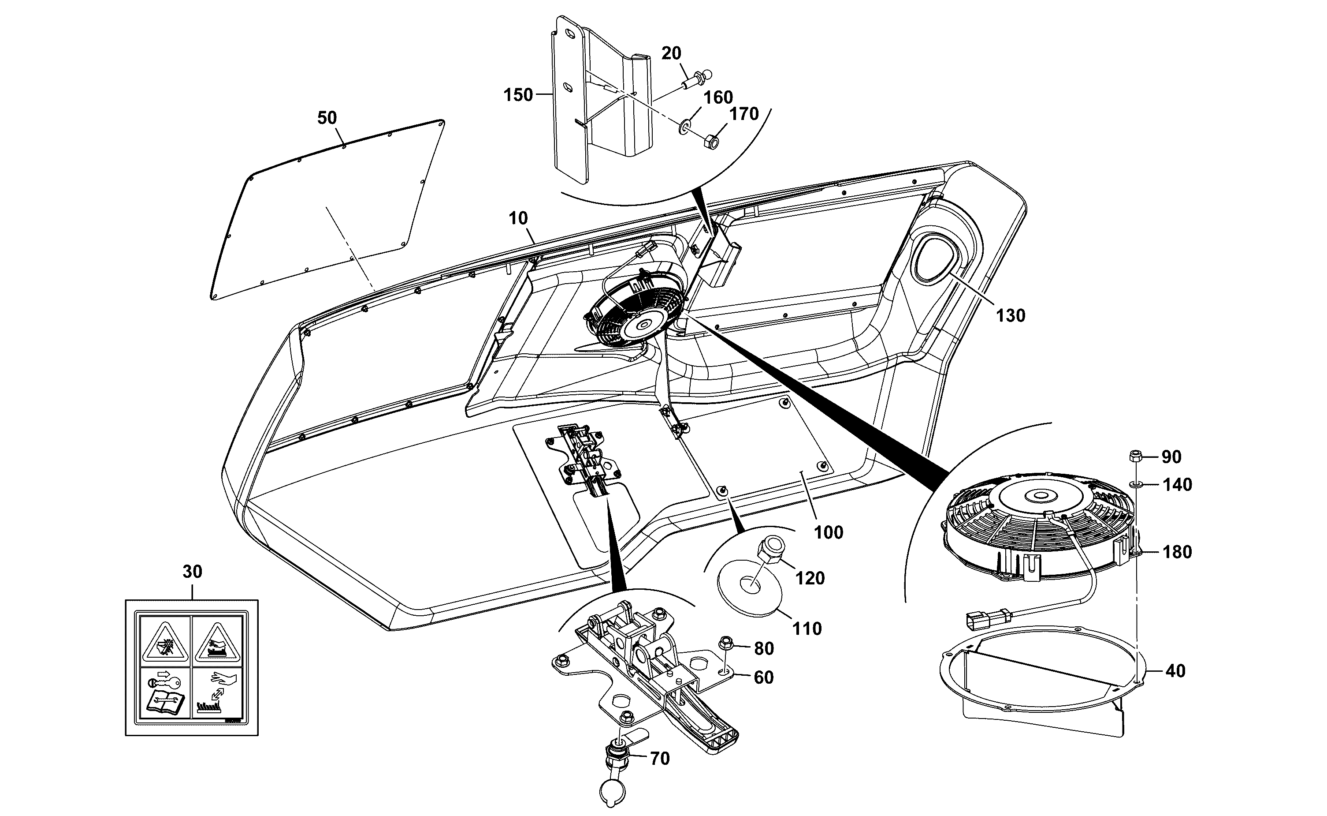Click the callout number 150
pos(518,95)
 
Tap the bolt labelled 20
pos(697,80)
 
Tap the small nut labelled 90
pos(1135,456)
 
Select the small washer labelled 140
pos(1136,485)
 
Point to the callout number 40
pos(1175,670)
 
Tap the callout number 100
pos(828,533)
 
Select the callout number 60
pos(763,678)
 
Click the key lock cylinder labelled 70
pos(615,766)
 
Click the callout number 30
pos(193,572)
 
